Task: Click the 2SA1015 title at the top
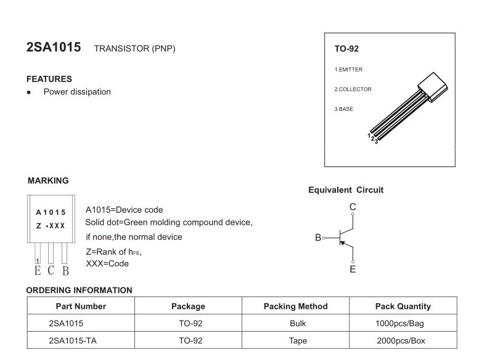[x=54, y=47]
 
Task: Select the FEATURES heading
[x=49, y=79]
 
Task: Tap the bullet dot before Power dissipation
[x=29, y=92]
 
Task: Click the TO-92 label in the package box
[x=346, y=49]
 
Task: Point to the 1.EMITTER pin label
[x=349, y=70]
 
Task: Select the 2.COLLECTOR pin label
[x=353, y=89]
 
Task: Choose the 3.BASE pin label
[x=343, y=109]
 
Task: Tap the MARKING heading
[x=48, y=181]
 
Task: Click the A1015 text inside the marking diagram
[x=51, y=212]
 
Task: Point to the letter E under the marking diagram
[x=37, y=270]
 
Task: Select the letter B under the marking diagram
[x=65, y=270]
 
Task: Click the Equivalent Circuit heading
[x=346, y=190]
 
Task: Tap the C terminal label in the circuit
[x=353, y=207]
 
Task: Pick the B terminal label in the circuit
[x=318, y=237]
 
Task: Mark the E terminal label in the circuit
[x=353, y=269]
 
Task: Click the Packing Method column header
[x=295, y=306]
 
